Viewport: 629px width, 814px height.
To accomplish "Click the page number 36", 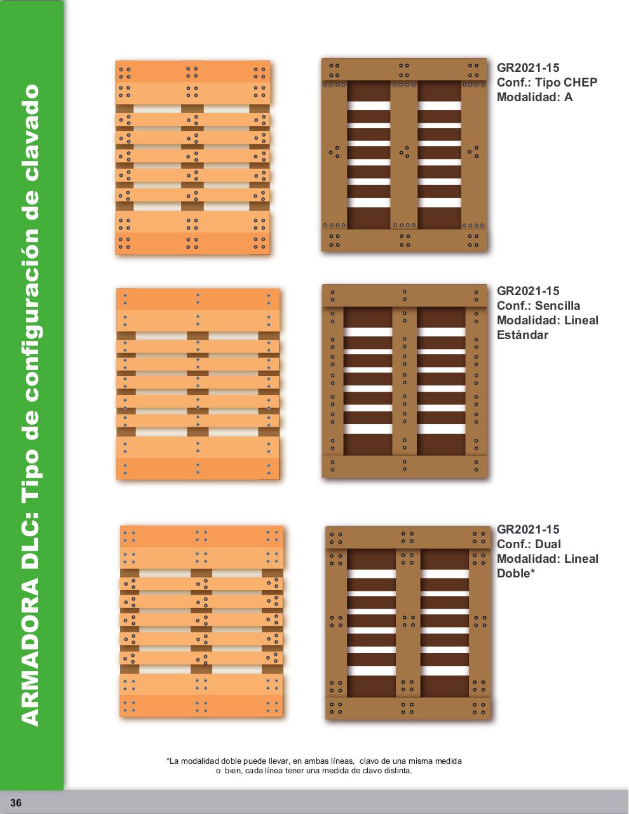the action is [x=16, y=803].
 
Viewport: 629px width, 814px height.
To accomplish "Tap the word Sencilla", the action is [x=557, y=306].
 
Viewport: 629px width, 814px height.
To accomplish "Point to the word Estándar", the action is [x=522, y=335].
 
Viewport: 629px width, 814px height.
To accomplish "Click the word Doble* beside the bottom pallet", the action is [x=516, y=573].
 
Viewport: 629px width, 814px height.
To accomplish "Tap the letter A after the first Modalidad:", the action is [x=568, y=97].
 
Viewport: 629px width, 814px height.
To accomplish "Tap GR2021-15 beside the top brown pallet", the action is [x=528, y=68].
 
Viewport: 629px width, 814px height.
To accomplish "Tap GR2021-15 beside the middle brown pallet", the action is [x=528, y=291].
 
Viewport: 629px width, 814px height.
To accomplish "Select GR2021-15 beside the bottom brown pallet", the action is [x=528, y=529].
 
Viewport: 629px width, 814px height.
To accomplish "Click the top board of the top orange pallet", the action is [x=193, y=72].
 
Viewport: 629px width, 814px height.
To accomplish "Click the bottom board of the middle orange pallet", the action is [x=198, y=469].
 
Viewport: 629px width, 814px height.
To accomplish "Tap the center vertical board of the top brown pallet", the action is [x=403, y=155].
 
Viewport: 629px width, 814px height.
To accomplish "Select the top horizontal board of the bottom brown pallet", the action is [x=407, y=537].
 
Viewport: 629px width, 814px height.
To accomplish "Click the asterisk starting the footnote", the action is [x=168, y=760].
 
